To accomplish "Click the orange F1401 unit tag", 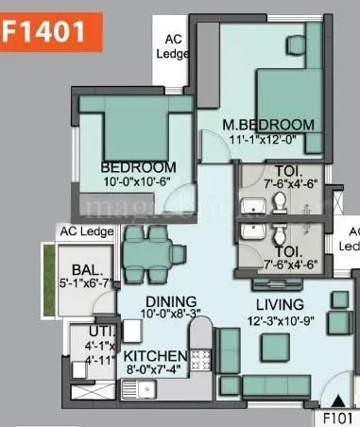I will [44, 29].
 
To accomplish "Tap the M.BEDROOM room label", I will [267, 125].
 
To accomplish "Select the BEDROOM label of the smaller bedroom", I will [138, 168].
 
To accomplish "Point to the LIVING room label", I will [278, 304].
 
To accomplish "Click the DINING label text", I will [152, 302].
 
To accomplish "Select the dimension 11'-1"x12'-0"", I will [267, 140].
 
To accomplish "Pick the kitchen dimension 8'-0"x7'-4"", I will [156, 370].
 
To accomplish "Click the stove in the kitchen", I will [201, 360].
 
